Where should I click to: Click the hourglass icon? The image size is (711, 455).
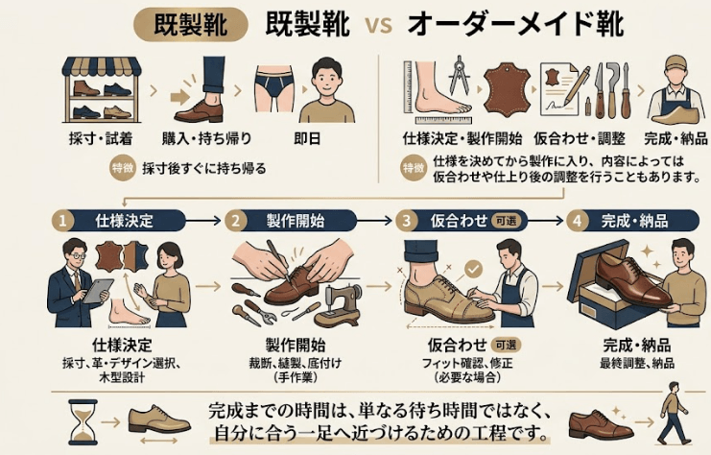coord(83,422)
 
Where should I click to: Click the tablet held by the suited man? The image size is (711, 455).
coord(99,291)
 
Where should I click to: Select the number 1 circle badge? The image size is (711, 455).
coord(62,221)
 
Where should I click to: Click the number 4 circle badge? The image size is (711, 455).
coord(578,221)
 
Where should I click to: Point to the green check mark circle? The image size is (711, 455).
coord(473,269)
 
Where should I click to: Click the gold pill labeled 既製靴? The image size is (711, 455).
coord(191,24)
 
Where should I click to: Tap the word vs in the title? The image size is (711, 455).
coord(379,25)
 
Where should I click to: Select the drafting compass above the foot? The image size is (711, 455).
coord(460,75)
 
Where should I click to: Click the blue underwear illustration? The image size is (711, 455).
coord(273,87)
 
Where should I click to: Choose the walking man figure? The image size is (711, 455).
coord(675,414)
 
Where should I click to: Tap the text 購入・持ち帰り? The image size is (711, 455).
coord(206,139)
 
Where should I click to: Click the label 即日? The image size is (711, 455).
coord(307,139)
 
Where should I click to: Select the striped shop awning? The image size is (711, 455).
coord(102,66)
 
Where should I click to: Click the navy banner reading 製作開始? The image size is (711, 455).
coord(295,221)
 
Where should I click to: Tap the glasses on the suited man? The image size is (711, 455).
coord(78,256)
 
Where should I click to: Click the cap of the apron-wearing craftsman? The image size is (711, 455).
coord(676,62)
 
